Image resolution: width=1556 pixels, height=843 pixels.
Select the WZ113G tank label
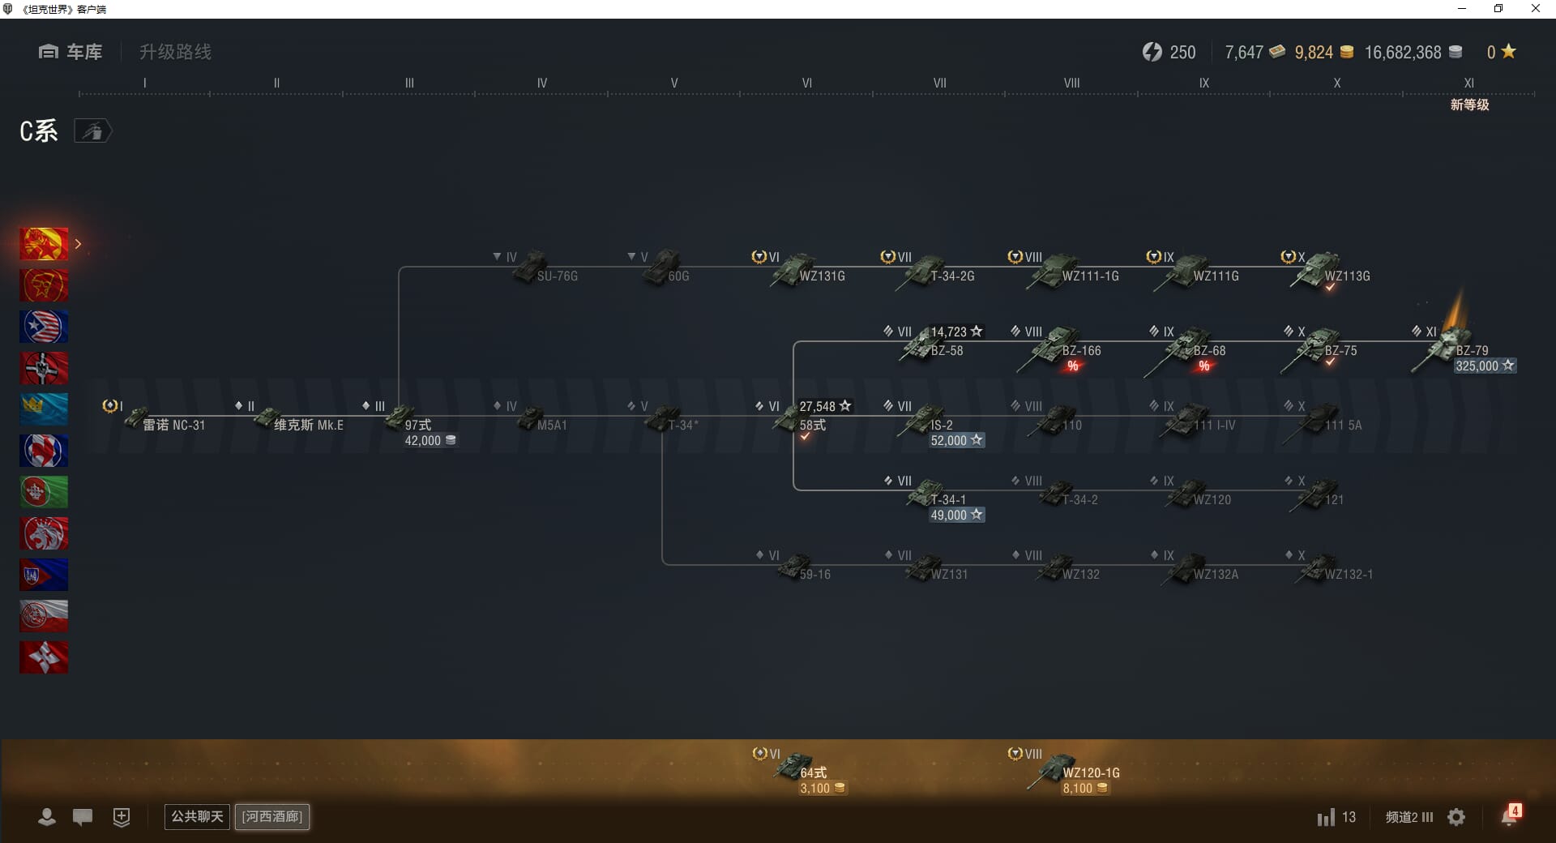1347,276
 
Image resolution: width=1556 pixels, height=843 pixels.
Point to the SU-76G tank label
557,276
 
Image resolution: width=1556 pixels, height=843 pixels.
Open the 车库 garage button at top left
71,52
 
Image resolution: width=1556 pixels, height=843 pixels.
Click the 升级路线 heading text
175,52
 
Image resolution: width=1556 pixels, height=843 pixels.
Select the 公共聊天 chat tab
197,816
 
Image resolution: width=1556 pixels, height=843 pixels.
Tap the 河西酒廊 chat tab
272,816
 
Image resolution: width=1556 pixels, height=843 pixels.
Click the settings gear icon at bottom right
1456,817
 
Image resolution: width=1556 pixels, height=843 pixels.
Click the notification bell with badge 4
1510,816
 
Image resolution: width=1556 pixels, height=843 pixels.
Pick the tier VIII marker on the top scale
1071,83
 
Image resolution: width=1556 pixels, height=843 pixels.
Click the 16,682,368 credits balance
1403,53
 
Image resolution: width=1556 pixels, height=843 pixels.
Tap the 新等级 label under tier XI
1469,105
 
